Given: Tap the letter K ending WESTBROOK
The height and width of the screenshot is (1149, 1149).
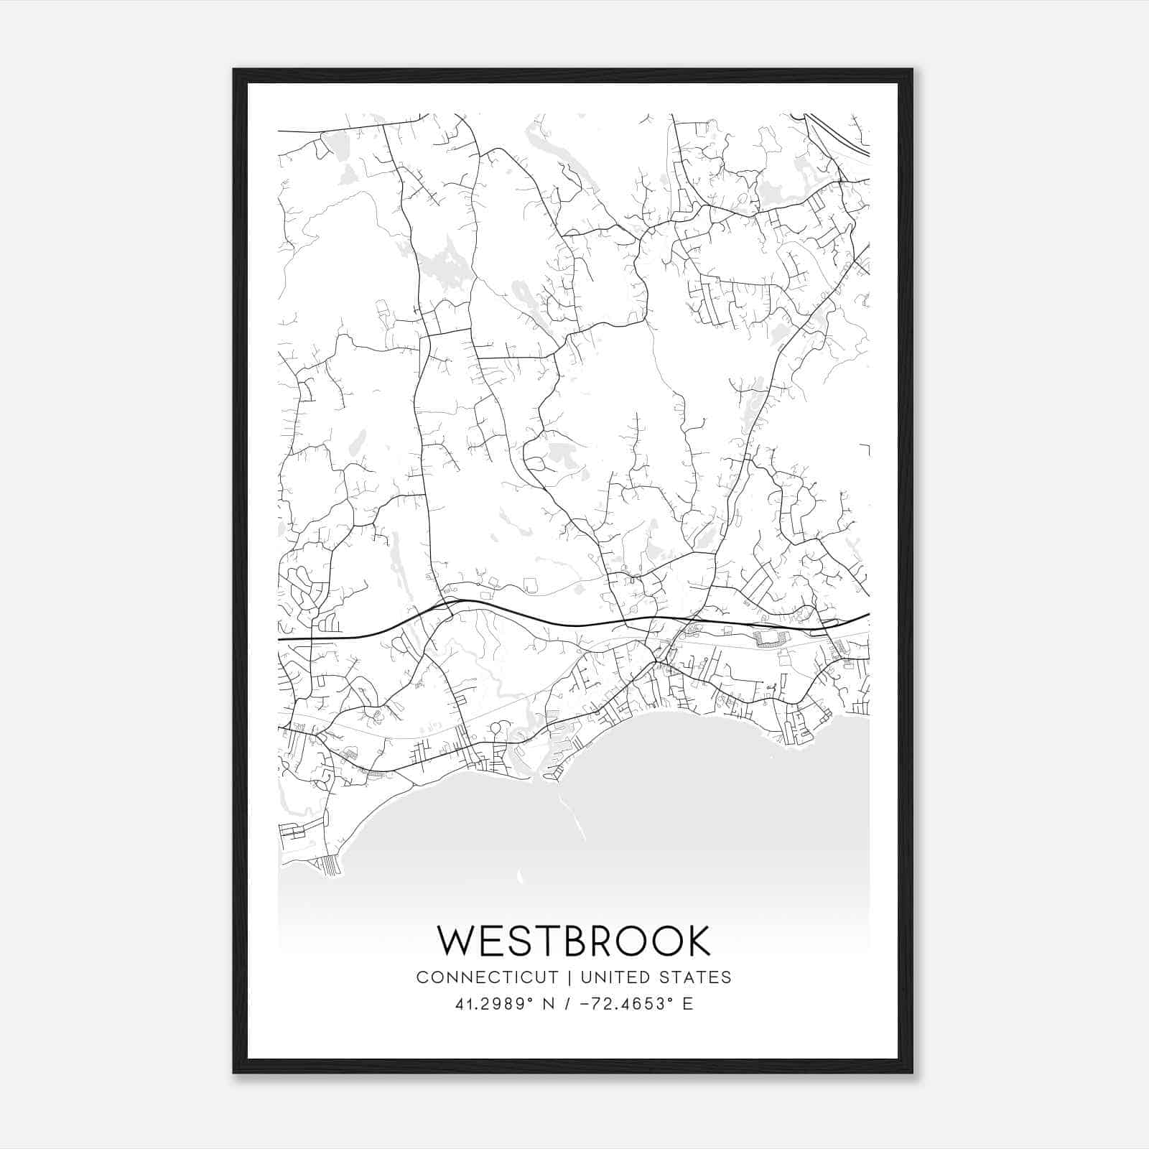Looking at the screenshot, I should (696, 941).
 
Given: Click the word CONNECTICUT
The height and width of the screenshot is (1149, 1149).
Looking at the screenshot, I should (487, 977).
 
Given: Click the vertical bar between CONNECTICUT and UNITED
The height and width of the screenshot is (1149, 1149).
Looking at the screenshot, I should (569, 977).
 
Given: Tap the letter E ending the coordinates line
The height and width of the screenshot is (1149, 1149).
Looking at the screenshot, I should (688, 1004).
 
